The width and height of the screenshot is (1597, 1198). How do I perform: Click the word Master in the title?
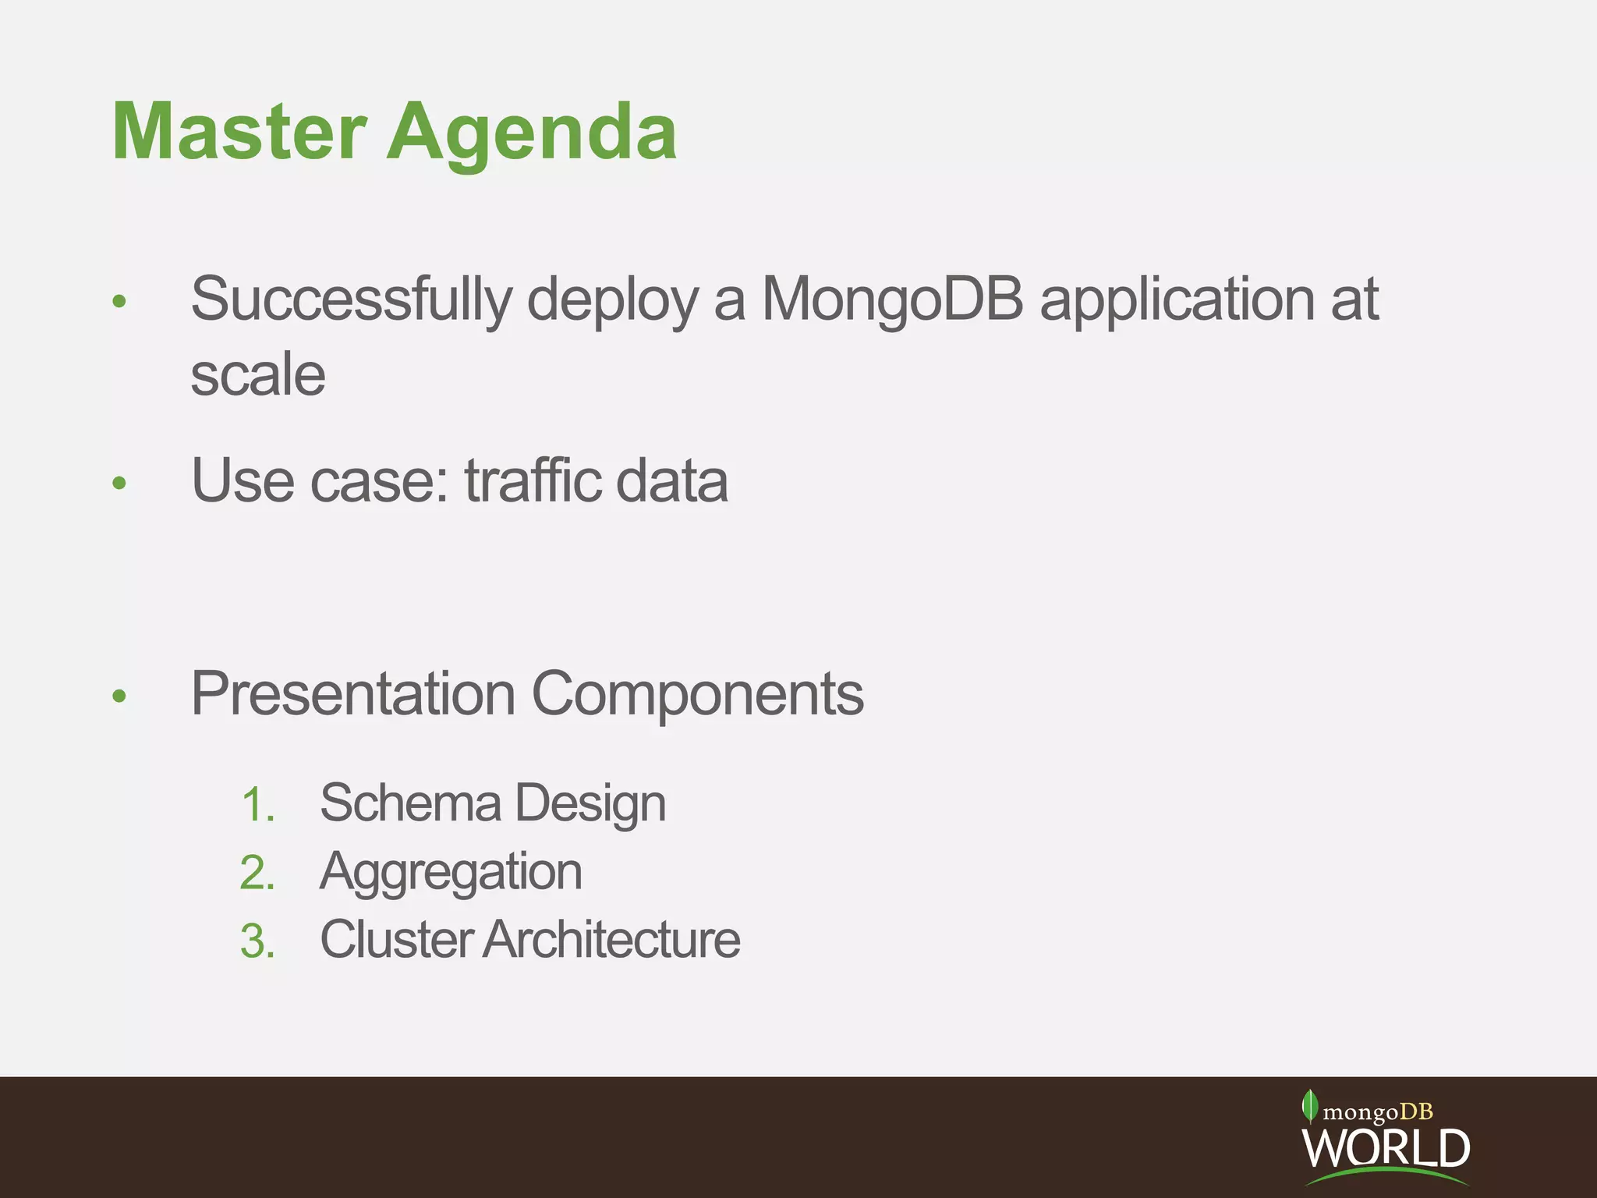pos(239,133)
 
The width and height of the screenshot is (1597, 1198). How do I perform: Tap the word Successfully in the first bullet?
pos(351,299)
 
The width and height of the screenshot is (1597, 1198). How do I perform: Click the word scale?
pos(257,375)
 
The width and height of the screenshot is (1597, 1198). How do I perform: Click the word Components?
pos(697,693)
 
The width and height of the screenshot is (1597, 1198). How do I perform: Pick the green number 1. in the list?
pos(258,805)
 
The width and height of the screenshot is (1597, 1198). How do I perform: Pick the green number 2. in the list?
pos(258,873)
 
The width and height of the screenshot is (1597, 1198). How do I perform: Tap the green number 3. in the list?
pos(258,941)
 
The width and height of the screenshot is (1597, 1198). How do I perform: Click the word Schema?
pos(410,803)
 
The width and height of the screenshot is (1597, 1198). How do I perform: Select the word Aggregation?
pos(451,872)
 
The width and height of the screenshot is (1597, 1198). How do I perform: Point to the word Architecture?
pos(611,939)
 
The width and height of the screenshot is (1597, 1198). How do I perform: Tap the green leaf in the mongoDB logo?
pos(1309,1105)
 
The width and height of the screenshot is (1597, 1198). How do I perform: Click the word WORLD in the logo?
pos(1386,1147)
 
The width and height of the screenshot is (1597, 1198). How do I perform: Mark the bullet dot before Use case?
pos(119,484)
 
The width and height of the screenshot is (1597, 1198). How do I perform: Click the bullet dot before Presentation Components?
pos(119,696)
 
